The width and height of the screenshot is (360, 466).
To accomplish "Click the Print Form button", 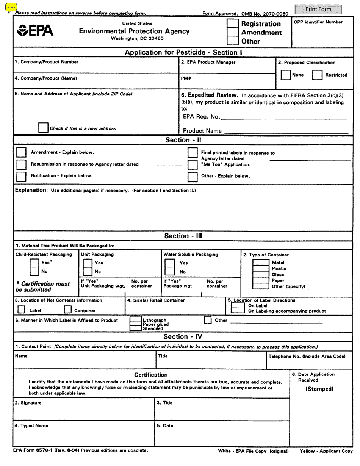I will coord(318,9).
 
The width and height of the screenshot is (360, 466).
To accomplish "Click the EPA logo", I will coord(35,30).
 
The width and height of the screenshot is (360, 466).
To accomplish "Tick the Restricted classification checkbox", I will coord(317,75).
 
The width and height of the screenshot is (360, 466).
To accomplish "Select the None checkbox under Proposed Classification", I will coord(286,75).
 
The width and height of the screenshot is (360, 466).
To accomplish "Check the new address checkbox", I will coord(43,128).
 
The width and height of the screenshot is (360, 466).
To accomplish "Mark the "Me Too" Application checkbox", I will coord(193,165).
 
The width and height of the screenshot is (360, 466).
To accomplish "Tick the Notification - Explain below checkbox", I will coord(22,176).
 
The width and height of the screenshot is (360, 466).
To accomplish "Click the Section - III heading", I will coord(183,236).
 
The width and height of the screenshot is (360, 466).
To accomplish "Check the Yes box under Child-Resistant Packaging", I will coord(34,263).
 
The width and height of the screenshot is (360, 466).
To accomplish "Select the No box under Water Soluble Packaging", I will coord(169,272).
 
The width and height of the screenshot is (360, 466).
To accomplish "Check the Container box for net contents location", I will coord(68,310).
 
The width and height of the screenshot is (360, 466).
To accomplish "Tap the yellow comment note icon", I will coord(11,7).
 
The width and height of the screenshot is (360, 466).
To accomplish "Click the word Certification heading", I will coord(151,375).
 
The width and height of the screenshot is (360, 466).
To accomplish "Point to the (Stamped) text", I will coord(319,389).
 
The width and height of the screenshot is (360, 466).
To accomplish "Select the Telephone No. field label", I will coord(307,357).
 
